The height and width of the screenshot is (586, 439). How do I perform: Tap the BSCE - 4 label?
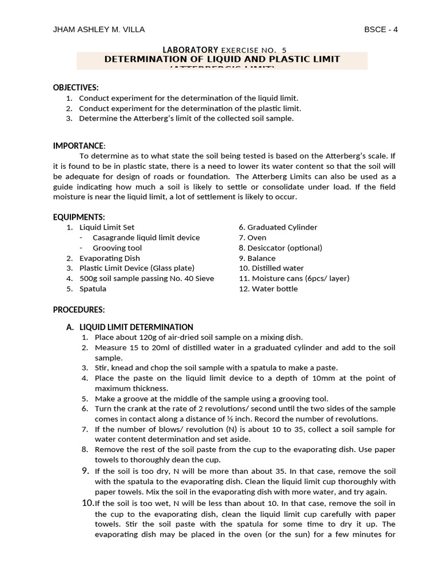coord(381,30)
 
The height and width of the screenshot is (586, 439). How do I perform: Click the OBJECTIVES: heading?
coord(76,88)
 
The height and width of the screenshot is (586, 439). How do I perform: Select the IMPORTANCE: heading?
coord(79,146)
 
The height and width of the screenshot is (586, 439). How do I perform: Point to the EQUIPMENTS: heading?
coord(79,217)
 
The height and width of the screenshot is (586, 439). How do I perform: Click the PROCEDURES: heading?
coord(79,310)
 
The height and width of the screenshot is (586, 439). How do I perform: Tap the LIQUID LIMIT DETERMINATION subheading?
coord(135,327)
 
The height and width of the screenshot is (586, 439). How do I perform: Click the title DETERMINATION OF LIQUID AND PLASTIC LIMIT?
coord(222,60)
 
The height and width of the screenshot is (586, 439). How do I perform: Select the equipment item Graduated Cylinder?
coord(282,227)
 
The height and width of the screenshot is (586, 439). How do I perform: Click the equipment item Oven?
coord(257,237)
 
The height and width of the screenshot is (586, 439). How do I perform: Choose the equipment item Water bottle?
coord(272,289)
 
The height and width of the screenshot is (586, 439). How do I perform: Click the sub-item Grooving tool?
coord(117,248)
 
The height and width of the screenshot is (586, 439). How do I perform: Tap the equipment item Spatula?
coord(93,289)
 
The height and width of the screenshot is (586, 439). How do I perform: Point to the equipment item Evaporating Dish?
coord(109,258)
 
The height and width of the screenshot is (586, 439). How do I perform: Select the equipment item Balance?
coord(261,258)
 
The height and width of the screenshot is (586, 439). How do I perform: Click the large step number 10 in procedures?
coord(87,503)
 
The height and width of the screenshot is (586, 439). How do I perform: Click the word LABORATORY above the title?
coord(190,50)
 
